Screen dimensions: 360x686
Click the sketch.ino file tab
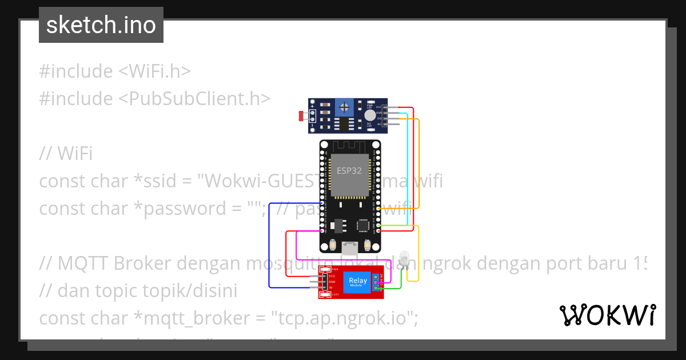[101, 25]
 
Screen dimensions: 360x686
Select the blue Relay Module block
[358, 281]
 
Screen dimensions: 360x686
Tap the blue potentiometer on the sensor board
[344, 106]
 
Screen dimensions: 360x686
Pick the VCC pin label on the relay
[332, 275]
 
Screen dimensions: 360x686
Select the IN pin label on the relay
[331, 287]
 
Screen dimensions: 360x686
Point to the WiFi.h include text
[154, 71]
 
